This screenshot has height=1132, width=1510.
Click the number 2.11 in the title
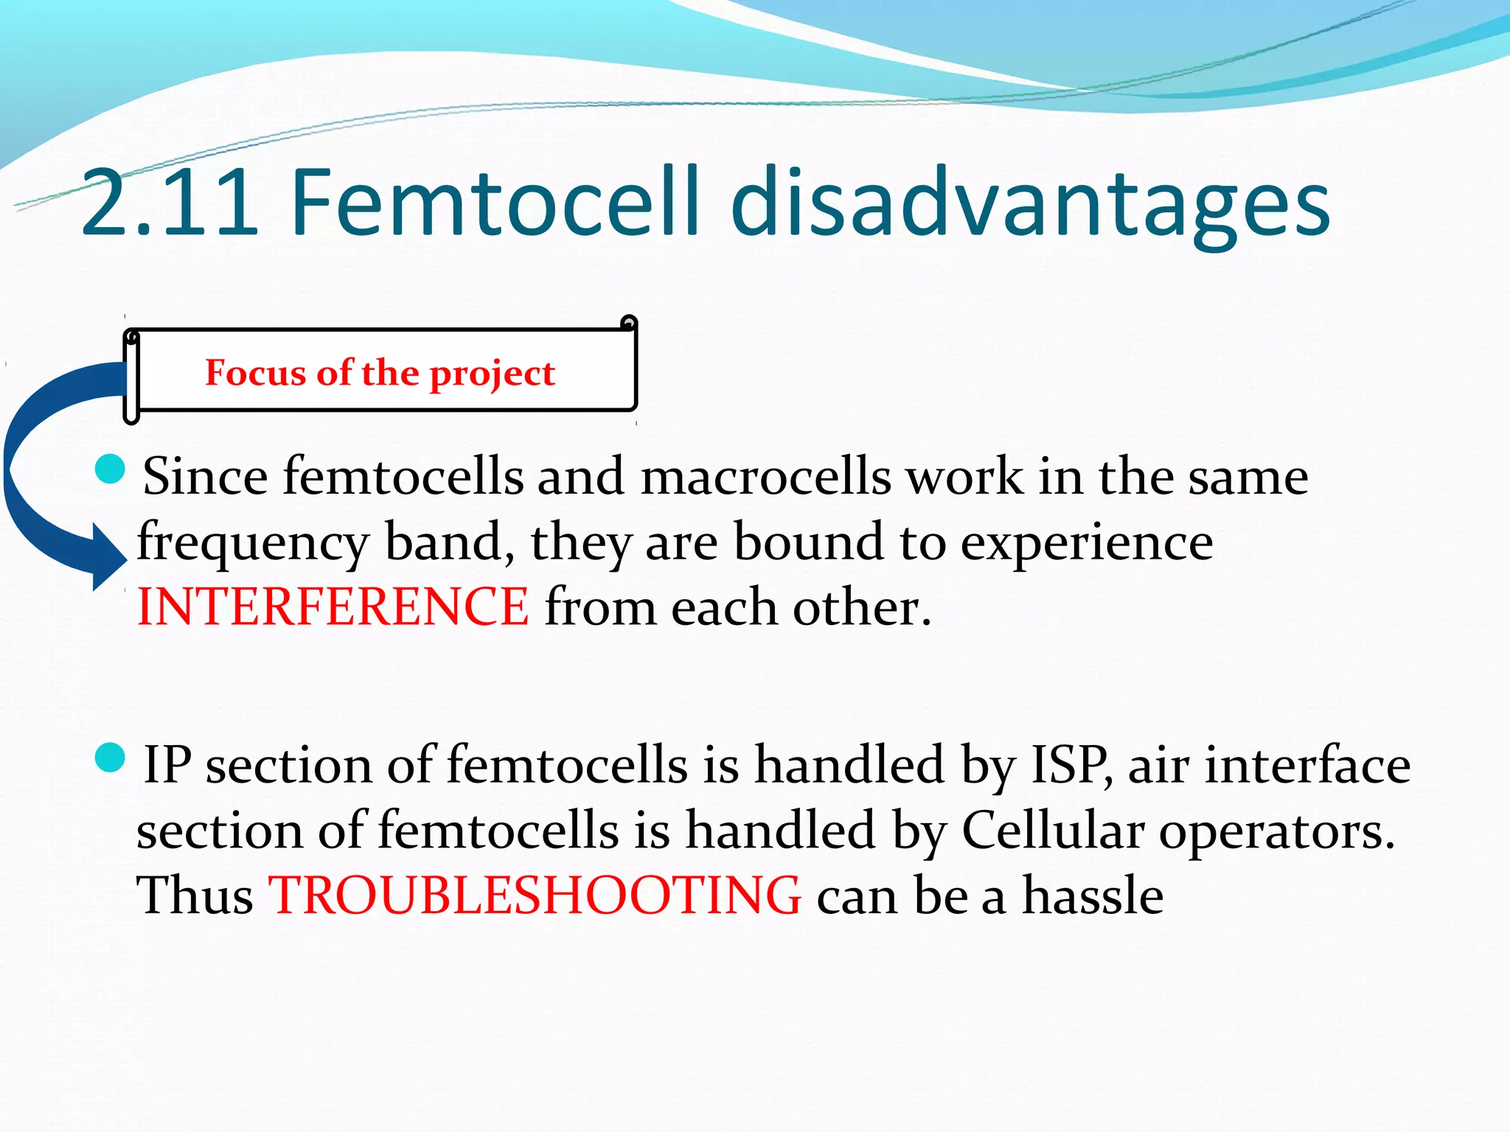click(x=170, y=203)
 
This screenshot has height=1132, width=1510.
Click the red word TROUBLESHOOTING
click(x=535, y=895)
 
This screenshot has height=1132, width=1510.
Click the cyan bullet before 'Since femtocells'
click(x=111, y=469)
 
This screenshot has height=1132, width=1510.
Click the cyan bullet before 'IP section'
click(x=111, y=758)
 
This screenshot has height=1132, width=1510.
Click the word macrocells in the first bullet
click(x=765, y=477)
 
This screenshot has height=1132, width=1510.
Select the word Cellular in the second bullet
click(x=1052, y=831)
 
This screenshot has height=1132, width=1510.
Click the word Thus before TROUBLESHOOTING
click(x=195, y=895)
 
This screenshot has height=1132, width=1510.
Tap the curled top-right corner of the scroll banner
click(x=629, y=323)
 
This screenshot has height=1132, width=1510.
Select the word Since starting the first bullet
click(x=205, y=477)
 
